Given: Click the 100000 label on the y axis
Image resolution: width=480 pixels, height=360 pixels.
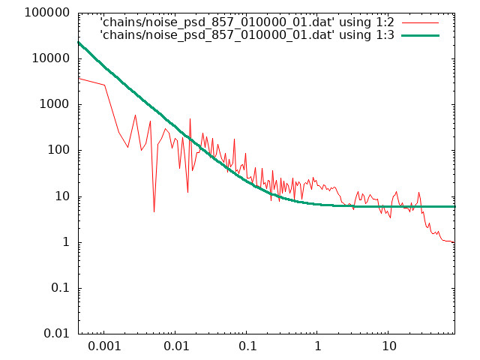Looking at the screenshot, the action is (47, 13).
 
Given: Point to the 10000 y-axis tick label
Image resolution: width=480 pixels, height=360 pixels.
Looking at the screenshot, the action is (51, 58).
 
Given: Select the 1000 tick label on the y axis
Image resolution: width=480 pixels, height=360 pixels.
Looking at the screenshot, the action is (55, 104).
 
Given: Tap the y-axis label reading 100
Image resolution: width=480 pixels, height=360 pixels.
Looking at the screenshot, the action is (58, 150).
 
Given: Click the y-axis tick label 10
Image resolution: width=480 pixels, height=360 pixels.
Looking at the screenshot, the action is (62, 196).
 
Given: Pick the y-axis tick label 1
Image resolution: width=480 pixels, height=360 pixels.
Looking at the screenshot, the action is (66, 242).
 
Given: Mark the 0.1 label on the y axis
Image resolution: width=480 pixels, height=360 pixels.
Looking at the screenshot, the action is (60, 288).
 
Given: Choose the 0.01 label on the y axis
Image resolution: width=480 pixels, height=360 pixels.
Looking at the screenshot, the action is (57, 334).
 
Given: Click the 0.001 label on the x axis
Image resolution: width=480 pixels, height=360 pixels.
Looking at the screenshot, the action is (104, 346).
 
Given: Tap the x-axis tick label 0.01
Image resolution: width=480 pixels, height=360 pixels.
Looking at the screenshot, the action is (176, 346).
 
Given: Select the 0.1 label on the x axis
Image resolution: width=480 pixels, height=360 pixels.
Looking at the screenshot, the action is (247, 346).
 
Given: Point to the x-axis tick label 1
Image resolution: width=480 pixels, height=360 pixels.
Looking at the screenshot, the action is (318, 346).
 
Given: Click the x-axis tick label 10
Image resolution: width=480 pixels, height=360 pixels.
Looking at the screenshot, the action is (389, 346).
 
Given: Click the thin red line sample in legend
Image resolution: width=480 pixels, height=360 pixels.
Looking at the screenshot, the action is (420, 23).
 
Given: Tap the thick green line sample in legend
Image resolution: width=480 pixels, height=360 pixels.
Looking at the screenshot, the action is (420, 35).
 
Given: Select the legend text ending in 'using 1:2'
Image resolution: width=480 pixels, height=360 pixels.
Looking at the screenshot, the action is (247, 22).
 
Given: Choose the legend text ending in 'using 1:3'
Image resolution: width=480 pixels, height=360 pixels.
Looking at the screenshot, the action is (247, 35).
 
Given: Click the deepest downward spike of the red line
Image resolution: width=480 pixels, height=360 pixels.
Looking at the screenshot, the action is (154, 211).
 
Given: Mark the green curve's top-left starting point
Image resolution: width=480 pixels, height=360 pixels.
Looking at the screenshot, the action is (79, 43).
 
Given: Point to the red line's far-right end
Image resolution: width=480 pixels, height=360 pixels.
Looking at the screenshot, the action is (454, 242).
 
